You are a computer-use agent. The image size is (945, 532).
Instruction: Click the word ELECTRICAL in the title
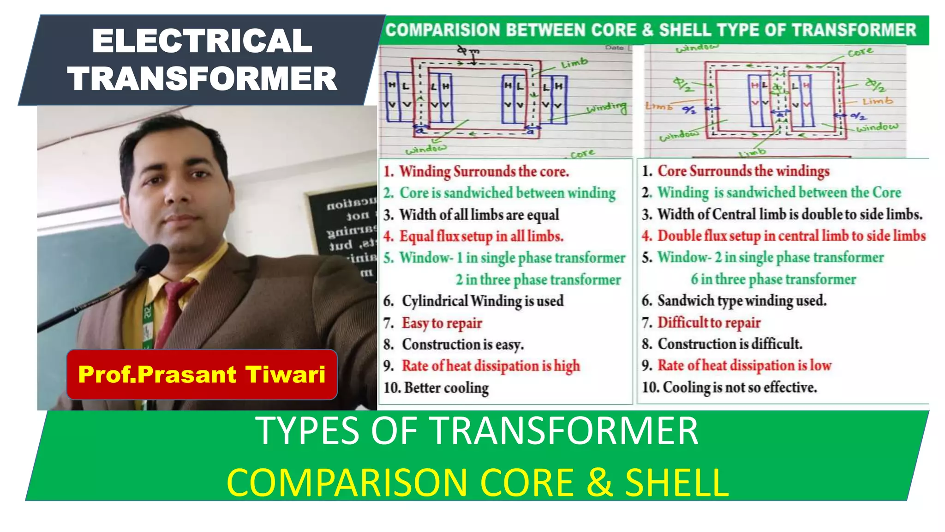point(202,42)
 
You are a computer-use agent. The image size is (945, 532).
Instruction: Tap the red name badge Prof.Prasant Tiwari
point(202,375)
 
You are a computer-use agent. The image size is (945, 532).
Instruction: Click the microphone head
point(152,260)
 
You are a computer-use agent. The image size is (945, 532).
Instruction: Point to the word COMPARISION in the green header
point(443,30)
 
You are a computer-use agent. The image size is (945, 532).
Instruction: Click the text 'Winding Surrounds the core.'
point(484,172)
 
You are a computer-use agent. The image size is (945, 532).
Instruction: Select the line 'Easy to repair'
point(442,323)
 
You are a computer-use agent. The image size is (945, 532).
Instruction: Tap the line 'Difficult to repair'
point(709,322)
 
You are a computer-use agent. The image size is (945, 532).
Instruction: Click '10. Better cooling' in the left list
point(436,387)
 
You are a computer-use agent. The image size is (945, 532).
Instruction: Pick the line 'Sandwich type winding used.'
point(742,301)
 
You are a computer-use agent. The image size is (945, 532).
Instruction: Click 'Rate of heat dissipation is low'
point(744,365)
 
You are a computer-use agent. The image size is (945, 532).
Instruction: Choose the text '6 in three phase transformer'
point(773,279)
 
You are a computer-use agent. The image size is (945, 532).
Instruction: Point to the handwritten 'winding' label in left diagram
point(606,108)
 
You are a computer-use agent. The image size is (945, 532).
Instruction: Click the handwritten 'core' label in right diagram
point(860,52)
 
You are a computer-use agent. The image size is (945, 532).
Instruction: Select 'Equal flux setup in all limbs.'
point(481,236)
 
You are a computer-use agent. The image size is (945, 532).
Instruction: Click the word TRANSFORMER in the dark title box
point(202,79)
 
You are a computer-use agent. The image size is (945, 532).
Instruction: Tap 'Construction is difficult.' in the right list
point(730,344)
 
